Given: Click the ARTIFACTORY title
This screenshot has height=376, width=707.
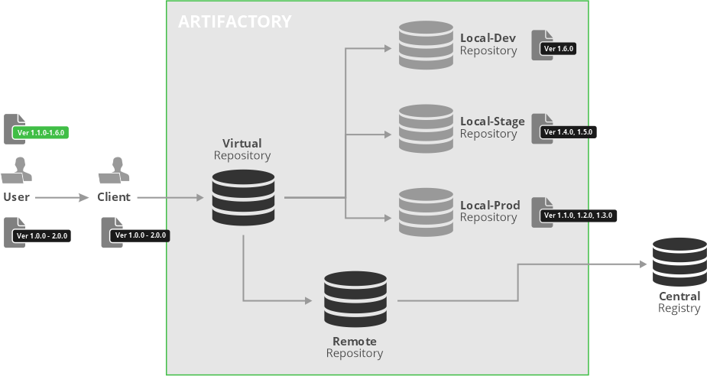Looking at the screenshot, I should point(235,21).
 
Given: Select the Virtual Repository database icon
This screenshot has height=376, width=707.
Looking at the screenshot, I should point(242,197).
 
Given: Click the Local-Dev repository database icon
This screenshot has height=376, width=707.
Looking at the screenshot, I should point(426,45).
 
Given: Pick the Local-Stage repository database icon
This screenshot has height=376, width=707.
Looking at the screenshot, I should point(426,128).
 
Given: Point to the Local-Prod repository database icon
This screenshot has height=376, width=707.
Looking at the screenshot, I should point(426,212).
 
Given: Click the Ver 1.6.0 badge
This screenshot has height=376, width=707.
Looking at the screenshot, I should point(557,49).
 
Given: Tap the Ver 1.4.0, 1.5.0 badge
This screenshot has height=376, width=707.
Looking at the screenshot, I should point(567,132).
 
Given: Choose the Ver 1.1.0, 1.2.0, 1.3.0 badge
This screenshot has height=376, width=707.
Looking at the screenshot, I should point(577,216).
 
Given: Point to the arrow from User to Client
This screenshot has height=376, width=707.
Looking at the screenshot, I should point(63,197).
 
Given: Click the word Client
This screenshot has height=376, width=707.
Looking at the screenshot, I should point(114,197).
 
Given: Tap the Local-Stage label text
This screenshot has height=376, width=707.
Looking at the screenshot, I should point(492,122).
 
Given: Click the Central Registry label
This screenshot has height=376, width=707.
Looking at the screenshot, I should point(679,302).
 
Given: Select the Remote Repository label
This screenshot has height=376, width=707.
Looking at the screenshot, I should point(354,347).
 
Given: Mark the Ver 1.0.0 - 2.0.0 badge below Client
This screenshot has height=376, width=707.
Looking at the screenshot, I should point(141,235).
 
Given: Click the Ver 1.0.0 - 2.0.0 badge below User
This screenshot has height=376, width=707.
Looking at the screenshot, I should point(42,236).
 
